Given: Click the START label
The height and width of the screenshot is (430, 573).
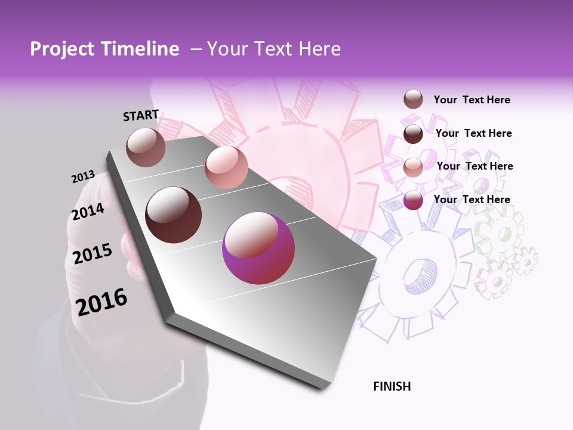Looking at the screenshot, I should coord(141,115).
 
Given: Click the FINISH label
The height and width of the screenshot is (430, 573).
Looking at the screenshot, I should coord(392,386).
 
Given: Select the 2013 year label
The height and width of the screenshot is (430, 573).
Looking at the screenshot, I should coord(83,177).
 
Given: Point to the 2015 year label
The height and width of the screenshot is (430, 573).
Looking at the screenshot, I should coord(92,254).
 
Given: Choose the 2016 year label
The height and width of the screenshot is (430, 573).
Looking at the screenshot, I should coord(101,302).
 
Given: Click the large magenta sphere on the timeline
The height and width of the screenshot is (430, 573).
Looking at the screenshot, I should coord(258,248).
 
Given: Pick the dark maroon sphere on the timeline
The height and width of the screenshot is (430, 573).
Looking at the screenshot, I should coord(173,215).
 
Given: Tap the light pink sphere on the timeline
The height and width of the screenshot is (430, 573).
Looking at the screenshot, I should coord(226,167).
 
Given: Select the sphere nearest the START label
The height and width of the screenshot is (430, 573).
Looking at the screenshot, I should coord(146,147).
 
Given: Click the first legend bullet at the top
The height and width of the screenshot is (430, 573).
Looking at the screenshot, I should coord(413,100).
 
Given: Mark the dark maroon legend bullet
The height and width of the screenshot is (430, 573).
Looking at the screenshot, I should coord(413,134).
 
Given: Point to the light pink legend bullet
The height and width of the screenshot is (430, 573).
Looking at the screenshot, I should coord(413,167).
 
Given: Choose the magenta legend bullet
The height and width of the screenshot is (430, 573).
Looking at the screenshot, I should coord(413,200).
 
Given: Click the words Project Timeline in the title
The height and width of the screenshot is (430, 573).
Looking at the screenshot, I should coord(104,49).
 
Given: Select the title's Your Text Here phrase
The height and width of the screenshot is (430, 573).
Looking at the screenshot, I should coord(273,49).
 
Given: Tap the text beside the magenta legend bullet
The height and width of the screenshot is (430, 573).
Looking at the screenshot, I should coord(472,199).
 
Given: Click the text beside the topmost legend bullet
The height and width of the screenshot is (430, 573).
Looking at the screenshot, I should coord(472,100).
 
